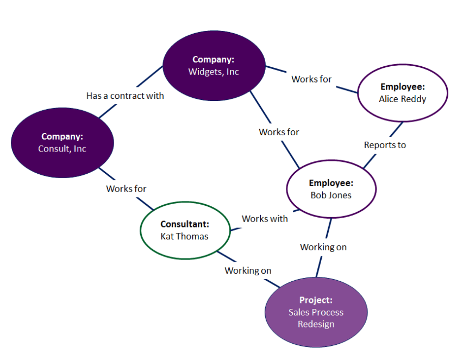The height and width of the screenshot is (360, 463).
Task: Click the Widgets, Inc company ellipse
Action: point(214,66)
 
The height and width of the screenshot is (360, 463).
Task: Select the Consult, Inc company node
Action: point(62,142)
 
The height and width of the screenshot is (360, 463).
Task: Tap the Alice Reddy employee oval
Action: point(402,93)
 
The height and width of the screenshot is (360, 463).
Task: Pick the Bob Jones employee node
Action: point(331,189)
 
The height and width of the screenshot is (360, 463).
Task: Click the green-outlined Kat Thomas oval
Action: point(185,230)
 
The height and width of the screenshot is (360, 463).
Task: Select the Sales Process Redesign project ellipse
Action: point(316,312)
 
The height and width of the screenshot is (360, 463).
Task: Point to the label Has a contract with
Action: point(125,96)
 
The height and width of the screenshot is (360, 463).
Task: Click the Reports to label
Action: point(385,145)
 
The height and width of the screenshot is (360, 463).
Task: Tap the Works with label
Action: point(265,218)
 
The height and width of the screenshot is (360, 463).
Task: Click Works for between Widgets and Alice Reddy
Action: point(311,79)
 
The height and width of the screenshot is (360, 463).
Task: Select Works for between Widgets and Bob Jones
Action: point(279,132)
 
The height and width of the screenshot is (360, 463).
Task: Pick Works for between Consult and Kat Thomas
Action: point(126,188)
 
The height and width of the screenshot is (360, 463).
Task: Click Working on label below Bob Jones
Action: point(323,247)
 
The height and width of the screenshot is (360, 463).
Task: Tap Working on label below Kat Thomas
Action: point(248,270)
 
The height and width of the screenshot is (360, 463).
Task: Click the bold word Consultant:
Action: point(185,224)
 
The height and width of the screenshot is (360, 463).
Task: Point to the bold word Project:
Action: point(316,300)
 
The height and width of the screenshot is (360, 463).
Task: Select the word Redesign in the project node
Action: point(316,324)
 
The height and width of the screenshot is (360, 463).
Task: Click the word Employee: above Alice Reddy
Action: point(402,87)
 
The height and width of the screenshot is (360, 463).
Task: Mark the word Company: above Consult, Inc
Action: point(62,136)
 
